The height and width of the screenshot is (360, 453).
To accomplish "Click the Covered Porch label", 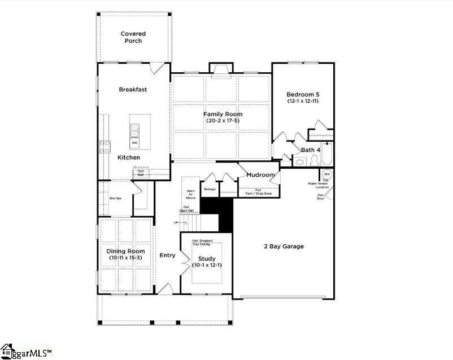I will tap(133, 38).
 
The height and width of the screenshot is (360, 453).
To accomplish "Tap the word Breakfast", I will tap(133, 90).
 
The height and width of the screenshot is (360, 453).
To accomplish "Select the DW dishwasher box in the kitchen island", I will tap(135, 143).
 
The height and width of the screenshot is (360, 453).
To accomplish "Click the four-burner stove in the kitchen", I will tap(105, 147).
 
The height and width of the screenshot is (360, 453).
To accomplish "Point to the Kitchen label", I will tap(128, 157).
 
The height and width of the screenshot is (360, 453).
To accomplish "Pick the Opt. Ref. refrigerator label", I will tap(141, 173).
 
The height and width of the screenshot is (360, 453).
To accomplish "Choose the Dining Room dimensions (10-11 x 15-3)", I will tap(127, 258).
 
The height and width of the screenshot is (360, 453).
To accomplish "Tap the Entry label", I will tap(167, 256).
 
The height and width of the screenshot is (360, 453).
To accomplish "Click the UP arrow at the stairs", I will tap(180, 223).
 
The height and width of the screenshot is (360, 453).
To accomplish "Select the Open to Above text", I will tap(190, 195).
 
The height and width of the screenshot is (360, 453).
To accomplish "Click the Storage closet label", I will tap(210, 189).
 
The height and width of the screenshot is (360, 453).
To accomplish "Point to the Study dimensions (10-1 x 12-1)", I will tap(206, 265).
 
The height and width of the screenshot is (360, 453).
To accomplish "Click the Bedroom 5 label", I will tap(303, 94).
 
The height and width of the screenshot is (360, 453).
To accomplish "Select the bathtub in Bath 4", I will tap(328, 155).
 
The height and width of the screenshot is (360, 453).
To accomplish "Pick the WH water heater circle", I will tap(327, 174).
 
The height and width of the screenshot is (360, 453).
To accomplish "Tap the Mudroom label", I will tap(260, 175).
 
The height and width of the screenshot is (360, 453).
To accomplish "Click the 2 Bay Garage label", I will tap(284, 247).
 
